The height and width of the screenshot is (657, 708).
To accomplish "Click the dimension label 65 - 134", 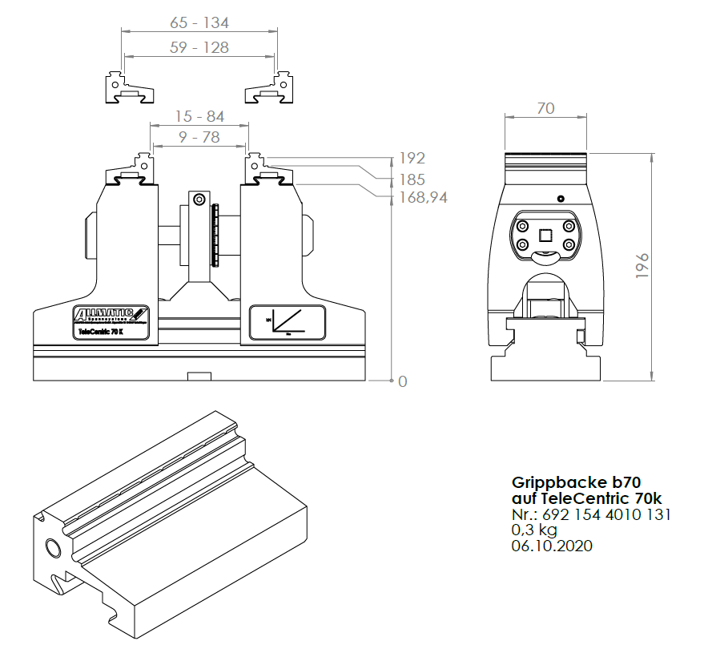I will (x=199, y=22).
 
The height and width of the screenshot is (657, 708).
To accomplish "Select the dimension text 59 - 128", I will (x=199, y=47).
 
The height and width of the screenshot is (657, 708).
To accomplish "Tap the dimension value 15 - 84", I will (x=199, y=116).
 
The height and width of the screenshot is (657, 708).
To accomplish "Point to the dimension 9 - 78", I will (x=199, y=137).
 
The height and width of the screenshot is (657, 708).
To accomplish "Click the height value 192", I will (x=412, y=158).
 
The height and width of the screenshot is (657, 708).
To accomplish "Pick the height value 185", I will (x=412, y=179).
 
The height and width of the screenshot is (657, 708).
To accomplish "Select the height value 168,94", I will (x=423, y=197).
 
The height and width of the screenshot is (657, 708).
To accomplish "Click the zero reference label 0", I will (x=403, y=381).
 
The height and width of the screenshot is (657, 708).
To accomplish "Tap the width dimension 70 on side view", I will (x=545, y=108).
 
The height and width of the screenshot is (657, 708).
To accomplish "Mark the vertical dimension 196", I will (x=642, y=265).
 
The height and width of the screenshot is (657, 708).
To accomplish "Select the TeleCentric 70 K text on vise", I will (x=99, y=330).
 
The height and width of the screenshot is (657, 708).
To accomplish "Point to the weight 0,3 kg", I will (x=534, y=530).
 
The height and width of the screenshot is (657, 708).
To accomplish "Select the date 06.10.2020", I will (x=552, y=546).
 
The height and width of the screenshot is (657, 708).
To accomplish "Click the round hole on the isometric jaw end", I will (x=53, y=548).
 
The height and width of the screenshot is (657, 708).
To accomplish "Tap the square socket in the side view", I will (x=545, y=235).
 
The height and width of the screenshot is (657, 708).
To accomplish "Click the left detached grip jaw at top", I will (x=127, y=87).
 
